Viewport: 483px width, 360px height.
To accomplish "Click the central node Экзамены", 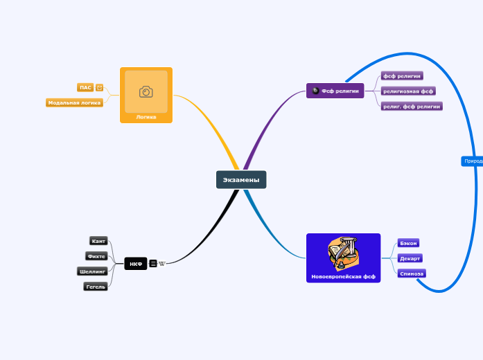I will click(x=241, y=180).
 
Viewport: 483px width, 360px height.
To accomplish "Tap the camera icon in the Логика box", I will click(x=146, y=91).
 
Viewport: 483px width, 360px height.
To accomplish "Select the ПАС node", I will click(x=85, y=88).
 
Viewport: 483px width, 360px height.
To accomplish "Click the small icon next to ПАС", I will click(x=100, y=88).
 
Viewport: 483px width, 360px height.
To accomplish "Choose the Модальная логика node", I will click(x=75, y=102).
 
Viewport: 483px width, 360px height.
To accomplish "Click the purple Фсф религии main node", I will click(x=335, y=91).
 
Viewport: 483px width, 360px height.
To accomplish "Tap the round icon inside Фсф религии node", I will click(x=315, y=91).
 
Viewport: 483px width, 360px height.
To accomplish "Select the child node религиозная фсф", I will click(x=408, y=91).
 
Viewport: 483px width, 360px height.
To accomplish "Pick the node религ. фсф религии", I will click(x=412, y=106).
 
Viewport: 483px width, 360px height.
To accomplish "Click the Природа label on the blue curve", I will click(x=473, y=161).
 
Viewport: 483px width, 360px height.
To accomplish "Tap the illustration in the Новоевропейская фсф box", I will click(x=343, y=253).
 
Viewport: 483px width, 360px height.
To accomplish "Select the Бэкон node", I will click(x=408, y=243).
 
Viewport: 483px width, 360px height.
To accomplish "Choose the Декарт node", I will click(x=410, y=258).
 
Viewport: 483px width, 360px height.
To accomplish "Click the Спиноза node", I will click(x=412, y=273).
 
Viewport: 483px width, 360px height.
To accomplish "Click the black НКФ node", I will click(x=136, y=264).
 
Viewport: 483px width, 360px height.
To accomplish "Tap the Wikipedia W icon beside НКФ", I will click(x=162, y=264).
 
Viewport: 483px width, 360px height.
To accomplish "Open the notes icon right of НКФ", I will click(x=153, y=264).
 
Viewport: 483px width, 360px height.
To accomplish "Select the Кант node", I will click(x=98, y=241).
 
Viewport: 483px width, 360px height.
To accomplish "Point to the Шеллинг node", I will click(x=92, y=271).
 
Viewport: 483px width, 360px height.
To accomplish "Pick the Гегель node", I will click(x=96, y=287).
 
